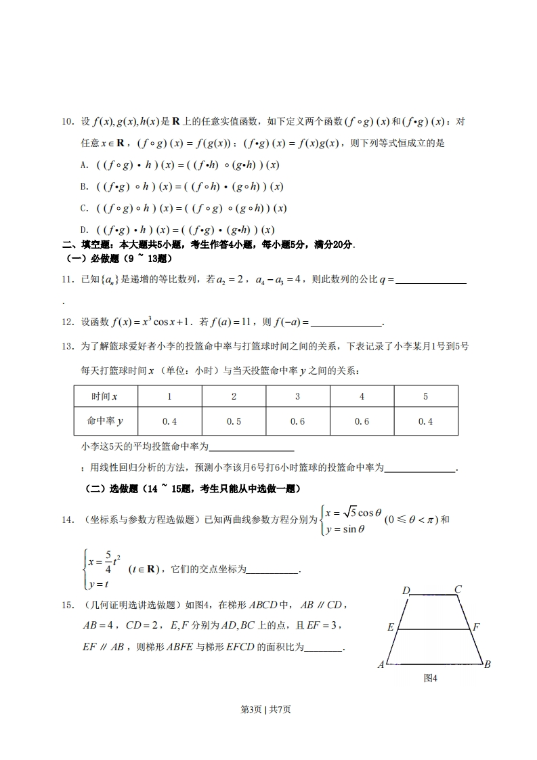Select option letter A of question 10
83,165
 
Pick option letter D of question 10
83,230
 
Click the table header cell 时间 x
105,396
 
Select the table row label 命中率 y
105,421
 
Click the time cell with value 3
297,396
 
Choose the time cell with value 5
425,396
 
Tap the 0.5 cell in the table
234,421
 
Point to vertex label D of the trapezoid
406,591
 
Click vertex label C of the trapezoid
458,589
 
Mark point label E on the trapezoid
391,627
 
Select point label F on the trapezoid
476,627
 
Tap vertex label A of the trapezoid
381,664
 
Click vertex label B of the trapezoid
487,664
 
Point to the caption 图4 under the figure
430,678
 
